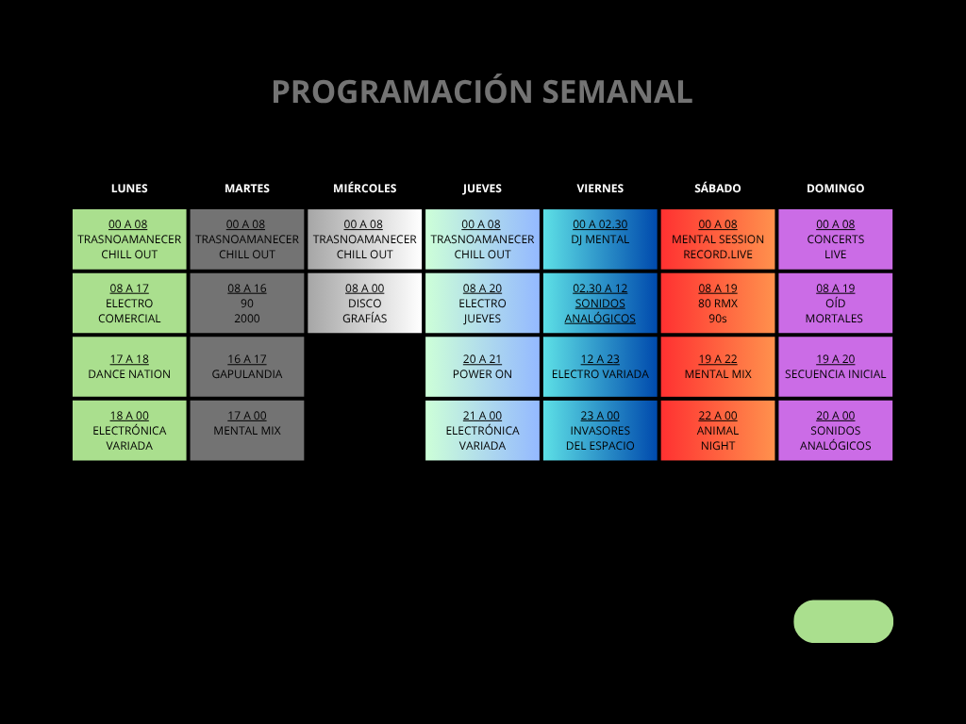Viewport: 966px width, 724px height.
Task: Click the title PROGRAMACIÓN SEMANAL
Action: pyautogui.click(x=482, y=91)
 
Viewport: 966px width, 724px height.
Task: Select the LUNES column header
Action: pyautogui.click(x=129, y=189)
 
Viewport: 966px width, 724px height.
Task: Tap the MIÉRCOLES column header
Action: pyautogui.click(x=365, y=189)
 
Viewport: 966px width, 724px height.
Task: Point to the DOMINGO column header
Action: pyautogui.click(x=835, y=189)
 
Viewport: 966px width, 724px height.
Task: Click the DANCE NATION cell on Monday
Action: pyautogui.click(x=129, y=367)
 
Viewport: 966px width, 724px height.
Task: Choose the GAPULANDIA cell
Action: pyautogui.click(x=247, y=367)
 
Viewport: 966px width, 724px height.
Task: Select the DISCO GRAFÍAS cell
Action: pyautogui.click(x=365, y=303)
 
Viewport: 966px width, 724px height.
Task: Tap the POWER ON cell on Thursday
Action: pyautogui.click(x=482, y=367)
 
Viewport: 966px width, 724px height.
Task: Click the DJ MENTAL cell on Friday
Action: pyautogui.click(x=600, y=239)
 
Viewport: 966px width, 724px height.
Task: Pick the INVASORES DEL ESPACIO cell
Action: pyautogui.click(x=600, y=431)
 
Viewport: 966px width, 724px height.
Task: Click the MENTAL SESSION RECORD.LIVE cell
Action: pyautogui.click(x=718, y=239)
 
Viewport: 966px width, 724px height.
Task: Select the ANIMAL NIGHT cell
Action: pyautogui.click(x=718, y=431)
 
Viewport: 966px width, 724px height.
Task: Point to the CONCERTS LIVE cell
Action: pyautogui.click(x=835, y=239)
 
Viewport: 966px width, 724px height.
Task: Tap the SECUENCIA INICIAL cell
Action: pyautogui.click(x=835, y=367)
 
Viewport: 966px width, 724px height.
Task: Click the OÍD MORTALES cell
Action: pyautogui.click(x=835, y=303)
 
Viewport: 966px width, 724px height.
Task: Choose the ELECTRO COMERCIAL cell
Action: pyautogui.click(x=129, y=303)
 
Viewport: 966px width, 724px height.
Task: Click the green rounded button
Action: pyautogui.click(x=843, y=621)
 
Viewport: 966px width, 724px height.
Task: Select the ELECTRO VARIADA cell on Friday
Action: pyautogui.click(x=600, y=367)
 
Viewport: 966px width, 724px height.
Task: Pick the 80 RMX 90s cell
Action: pyautogui.click(x=718, y=303)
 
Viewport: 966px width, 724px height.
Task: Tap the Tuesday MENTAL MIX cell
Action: pyautogui.click(x=247, y=431)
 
